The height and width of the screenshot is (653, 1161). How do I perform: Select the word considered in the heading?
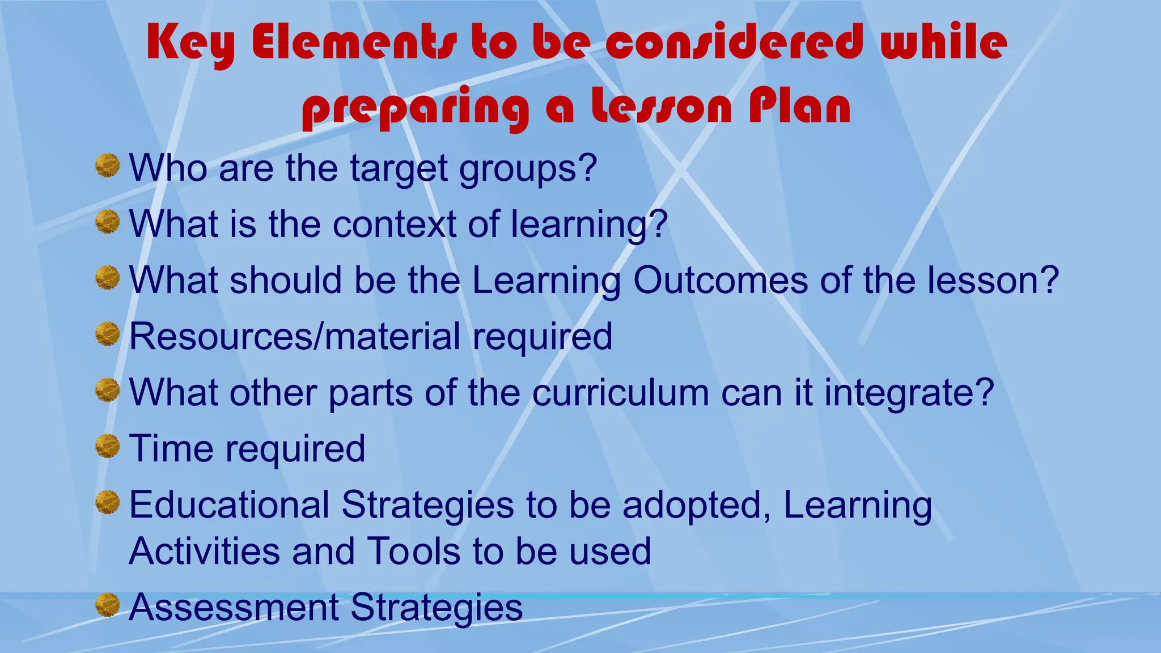coord(735,43)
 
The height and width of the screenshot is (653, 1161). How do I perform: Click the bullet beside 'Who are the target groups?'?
coord(107,165)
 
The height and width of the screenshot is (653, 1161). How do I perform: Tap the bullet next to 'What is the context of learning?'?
coord(107,221)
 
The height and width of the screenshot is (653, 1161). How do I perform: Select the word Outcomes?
coord(721,280)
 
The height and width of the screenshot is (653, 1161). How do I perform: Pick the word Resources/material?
coord(295,336)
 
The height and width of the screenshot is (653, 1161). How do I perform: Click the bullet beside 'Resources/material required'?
coord(107,333)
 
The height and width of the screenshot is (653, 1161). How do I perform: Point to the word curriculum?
coord(620,392)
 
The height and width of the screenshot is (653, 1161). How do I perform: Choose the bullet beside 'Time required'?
coord(107,446)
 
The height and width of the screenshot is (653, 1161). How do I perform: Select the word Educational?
coord(229,504)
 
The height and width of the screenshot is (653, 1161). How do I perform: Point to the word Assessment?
coord(234,607)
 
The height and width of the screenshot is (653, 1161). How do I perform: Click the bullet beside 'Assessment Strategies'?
coord(107,604)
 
